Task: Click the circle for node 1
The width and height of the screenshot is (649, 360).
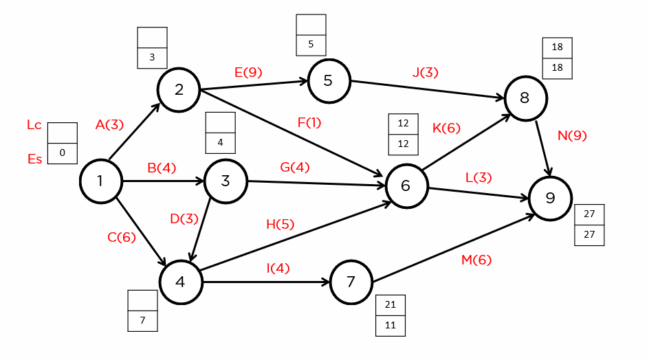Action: pyautogui.click(x=100, y=181)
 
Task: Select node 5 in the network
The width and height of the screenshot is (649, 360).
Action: pyautogui.click(x=329, y=81)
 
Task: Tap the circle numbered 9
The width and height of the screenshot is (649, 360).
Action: pyautogui.click(x=550, y=199)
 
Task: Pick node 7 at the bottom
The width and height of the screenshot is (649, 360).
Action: pyautogui.click(x=351, y=282)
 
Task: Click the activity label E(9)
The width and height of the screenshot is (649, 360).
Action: pyautogui.click(x=248, y=72)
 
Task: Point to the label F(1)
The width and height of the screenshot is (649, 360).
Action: pyautogui.click(x=309, y=123)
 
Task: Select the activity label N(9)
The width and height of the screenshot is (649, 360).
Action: pyautogui.click(x=572, y=135)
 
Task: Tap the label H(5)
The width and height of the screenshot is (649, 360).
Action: pyautogui.click(x=280, y=224)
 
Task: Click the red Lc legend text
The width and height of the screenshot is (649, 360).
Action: pyautogui.click(x=34, y=125)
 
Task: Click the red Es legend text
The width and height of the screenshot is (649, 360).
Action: pyautogui.click(x=34, y=159)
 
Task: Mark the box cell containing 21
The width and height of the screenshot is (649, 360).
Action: pyautogui.click(x=390, y=305)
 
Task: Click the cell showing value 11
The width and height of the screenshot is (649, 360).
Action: pyautogui.click(x=390, y=326)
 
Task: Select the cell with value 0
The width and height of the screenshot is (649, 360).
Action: pyautogui.click(x=63, y=153)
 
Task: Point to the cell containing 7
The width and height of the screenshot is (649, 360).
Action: pyautogui.click(x=142, y=320)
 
